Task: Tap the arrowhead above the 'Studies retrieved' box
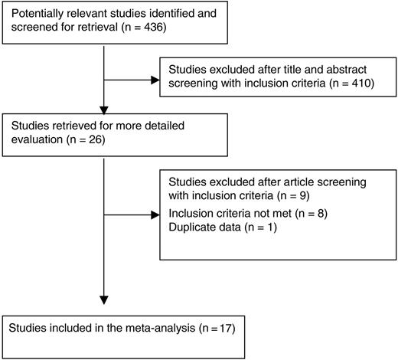pyautogui.click(x=103, y=108)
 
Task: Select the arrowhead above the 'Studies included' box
pyautogui.click(x=103, y=297)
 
